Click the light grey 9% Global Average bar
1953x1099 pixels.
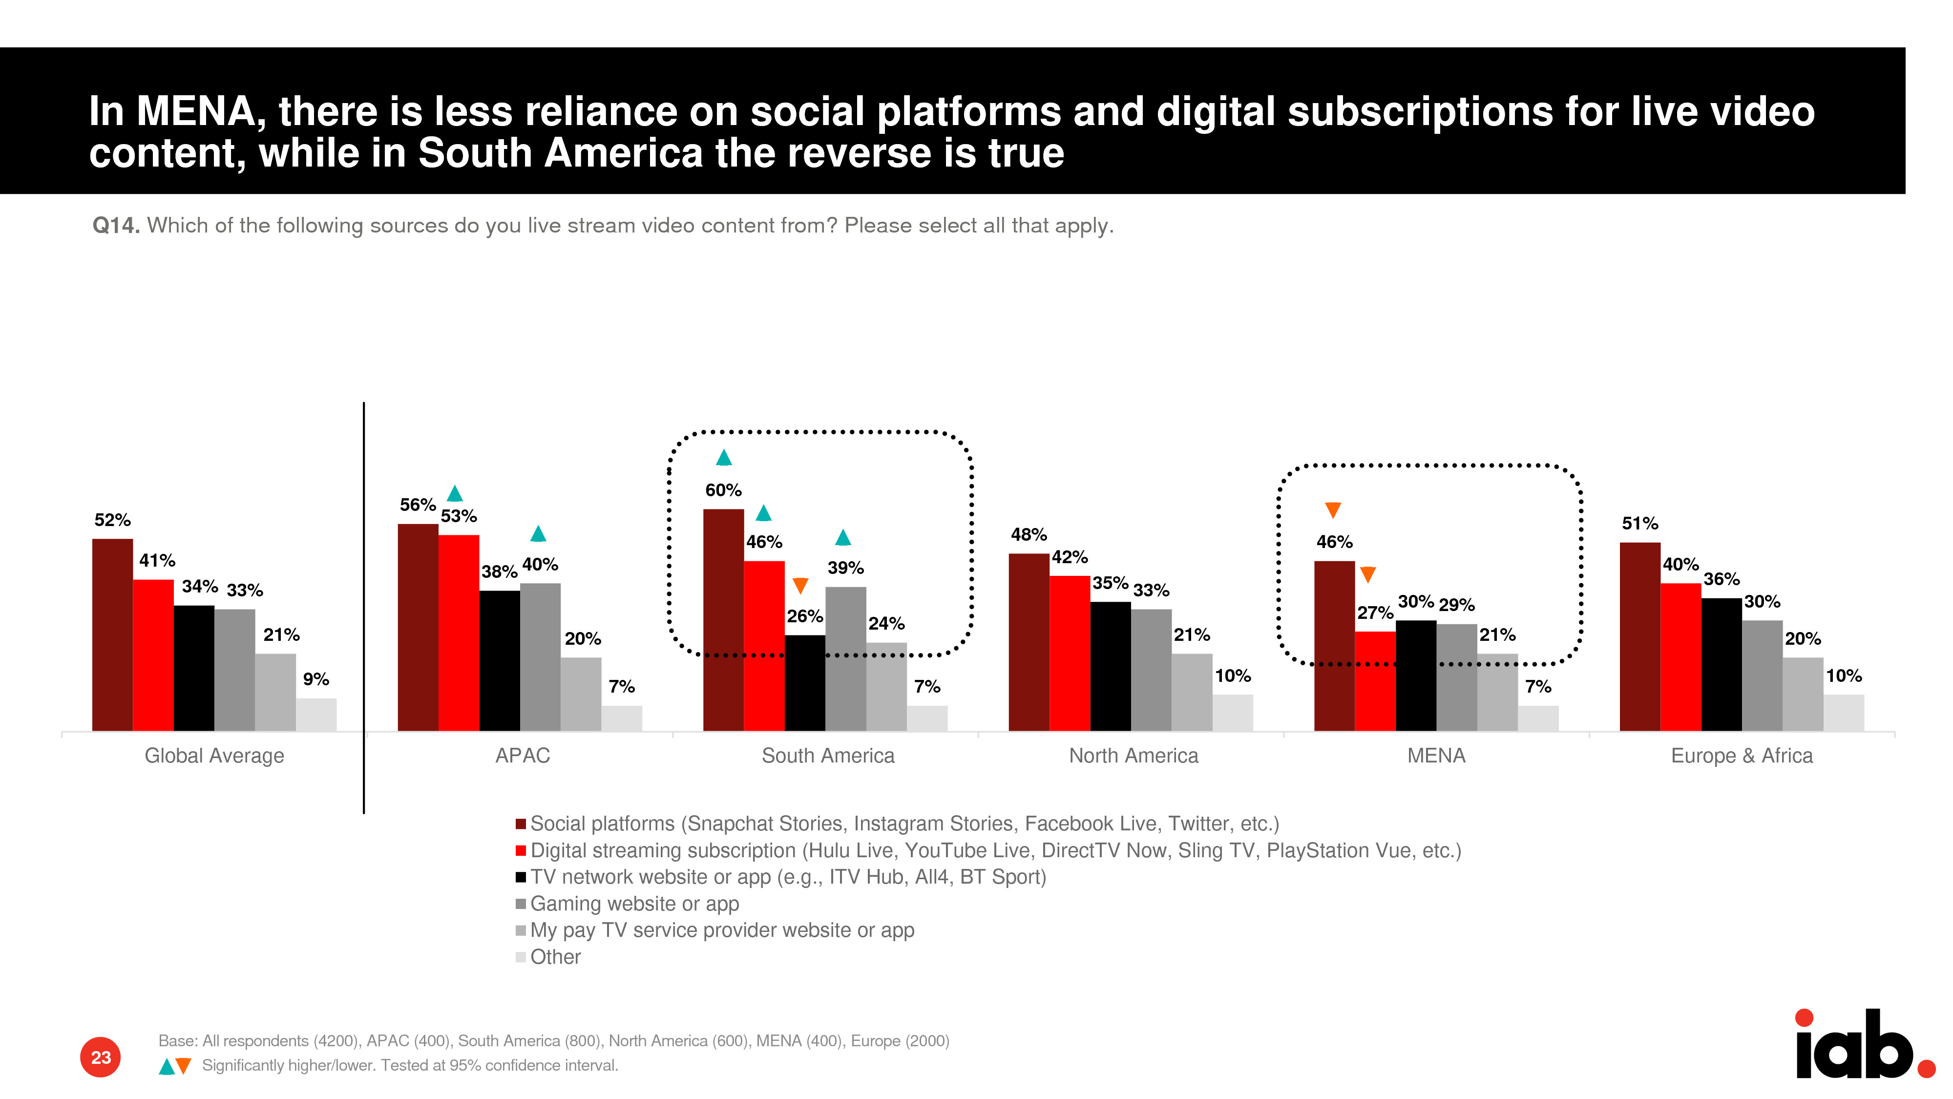pos(316,715)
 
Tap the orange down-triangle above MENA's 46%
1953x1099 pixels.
pos(1333,509)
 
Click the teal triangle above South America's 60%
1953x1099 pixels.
pos(724,457)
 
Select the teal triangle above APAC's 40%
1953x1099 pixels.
pos(538,534)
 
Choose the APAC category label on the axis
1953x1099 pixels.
pos(523,756)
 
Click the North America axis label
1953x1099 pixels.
pos(1134,756)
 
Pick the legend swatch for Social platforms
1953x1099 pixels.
pos(521,824)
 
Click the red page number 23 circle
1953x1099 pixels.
pos(100,1057)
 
